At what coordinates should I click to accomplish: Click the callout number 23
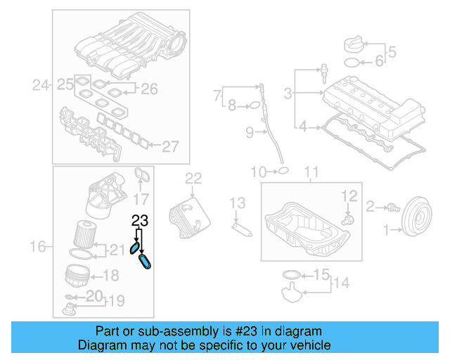140,220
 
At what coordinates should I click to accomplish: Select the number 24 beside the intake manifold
41,86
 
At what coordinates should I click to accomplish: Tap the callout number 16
39,246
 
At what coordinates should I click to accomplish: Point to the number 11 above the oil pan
311,172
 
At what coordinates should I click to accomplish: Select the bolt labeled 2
390,207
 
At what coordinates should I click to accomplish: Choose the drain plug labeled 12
347,219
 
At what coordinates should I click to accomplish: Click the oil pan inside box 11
307,229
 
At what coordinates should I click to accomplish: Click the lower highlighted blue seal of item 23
147,262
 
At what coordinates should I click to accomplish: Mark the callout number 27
171,146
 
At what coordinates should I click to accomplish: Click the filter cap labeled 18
78,274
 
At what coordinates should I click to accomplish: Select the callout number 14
340,283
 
